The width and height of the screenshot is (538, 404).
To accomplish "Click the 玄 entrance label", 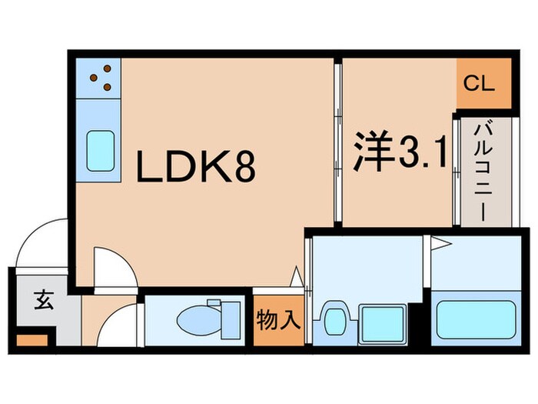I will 43,300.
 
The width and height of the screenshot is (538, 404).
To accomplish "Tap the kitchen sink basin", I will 101,149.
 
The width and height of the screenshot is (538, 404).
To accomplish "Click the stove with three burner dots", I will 100,76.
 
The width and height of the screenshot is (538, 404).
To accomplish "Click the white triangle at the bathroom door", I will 439,245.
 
